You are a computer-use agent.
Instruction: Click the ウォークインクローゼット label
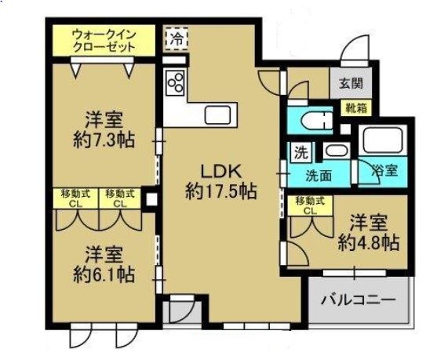pyautogui.click(x=103, y=40)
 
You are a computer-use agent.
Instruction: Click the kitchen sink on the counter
pyautogui.click(x=217, y=115)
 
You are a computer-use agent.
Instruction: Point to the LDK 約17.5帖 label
pyautogui.click(x=222, y=180)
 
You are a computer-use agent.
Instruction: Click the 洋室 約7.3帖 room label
pyautogui.click(x=103, y=131)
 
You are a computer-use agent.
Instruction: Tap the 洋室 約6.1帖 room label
pyautogui.click(x=103, y=264)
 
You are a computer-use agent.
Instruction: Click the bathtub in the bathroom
pyautogui.click(x=382, y=142)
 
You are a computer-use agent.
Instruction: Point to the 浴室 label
pyautogui.click(x=383, y=169)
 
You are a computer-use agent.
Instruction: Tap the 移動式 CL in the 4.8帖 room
pyautogui.click(x=306, y=205)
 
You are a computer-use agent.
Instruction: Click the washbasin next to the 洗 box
pyautogui.click(x=336, y=151)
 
